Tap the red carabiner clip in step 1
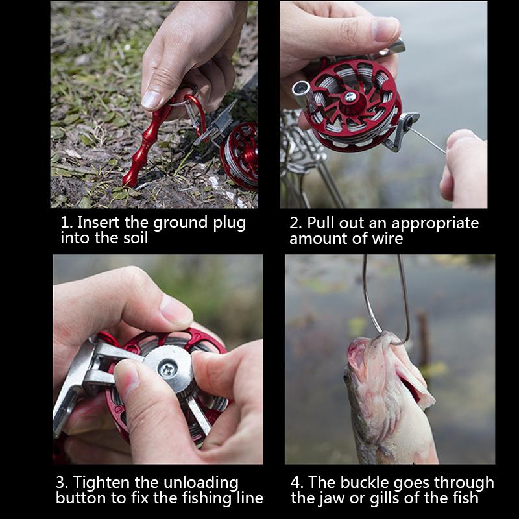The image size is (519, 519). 198,112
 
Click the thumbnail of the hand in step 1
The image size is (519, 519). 152,99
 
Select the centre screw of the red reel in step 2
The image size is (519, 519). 350,97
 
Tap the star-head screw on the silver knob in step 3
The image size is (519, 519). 167,368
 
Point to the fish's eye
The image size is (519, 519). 347,378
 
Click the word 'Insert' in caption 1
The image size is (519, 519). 98,222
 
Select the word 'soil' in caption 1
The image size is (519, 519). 136,238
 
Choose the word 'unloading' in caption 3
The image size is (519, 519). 201,483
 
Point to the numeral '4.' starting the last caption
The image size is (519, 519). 297,482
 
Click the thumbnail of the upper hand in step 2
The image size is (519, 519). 385,29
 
